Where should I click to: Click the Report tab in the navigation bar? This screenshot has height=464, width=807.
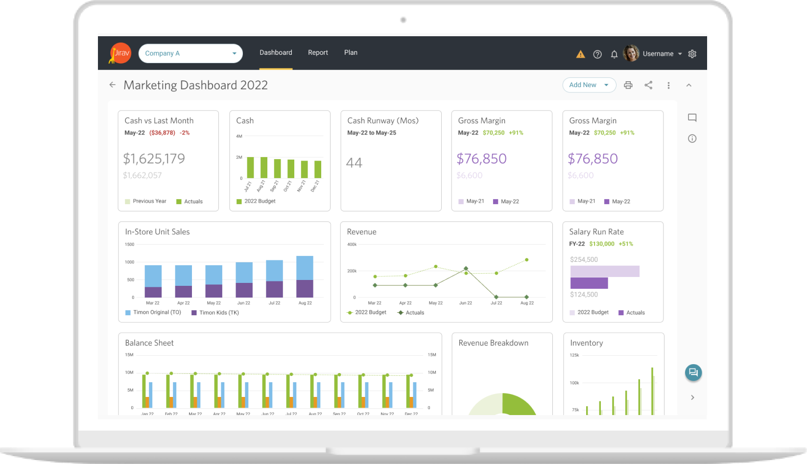click(318, 53)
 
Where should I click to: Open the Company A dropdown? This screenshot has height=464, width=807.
click(190, 53)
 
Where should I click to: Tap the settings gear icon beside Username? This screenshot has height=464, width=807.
click(692, 54)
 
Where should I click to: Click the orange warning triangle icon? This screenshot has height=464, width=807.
click(580, 54)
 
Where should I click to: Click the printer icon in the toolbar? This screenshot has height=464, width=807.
click(628, 85)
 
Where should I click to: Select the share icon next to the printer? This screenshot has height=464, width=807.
click(648, 85)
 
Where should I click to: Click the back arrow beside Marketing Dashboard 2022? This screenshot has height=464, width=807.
click(113, 85)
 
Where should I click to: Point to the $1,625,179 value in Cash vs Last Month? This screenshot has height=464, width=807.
click(154, 159)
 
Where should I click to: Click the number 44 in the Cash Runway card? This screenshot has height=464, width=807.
click(354, 162)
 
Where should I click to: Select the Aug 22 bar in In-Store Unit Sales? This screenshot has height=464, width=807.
click(305, 277)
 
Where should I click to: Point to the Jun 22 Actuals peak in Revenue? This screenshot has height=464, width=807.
click(466, 269)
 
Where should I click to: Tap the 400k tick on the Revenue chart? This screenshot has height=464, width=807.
click(352, 244)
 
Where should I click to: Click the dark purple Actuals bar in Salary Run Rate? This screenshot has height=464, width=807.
click(589, 283)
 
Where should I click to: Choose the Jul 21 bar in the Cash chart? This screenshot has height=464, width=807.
click(250, 167)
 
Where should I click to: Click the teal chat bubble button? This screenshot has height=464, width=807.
click(693, 372)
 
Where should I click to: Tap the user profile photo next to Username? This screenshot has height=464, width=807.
click(631, 53)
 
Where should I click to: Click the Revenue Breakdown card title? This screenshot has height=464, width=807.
click(493, 343)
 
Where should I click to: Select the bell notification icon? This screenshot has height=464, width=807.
click(614, 54)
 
